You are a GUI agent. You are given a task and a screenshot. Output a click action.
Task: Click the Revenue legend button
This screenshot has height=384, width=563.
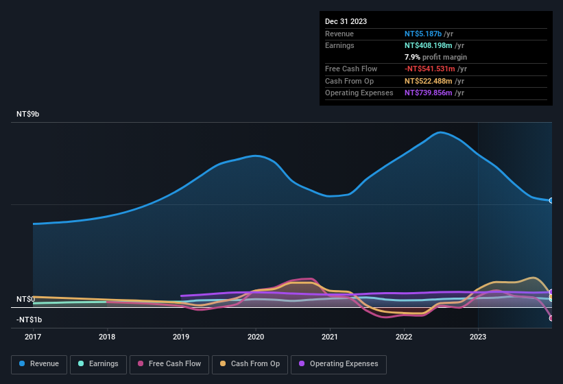(39, 363)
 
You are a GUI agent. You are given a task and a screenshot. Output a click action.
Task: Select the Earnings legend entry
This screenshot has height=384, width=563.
(99, 363)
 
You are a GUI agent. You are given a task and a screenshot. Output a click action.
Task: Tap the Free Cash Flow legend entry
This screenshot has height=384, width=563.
(169, 363)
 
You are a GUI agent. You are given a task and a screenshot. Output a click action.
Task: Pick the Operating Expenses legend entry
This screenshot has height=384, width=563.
(338, 363)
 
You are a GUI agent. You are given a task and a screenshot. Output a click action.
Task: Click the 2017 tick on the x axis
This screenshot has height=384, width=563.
(33, 337)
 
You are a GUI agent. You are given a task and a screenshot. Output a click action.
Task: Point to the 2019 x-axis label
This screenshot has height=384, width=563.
(181, 337)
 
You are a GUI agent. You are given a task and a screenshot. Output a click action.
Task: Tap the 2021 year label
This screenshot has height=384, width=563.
(330, 337)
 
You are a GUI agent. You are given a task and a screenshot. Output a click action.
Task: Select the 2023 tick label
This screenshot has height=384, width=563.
(478, 337)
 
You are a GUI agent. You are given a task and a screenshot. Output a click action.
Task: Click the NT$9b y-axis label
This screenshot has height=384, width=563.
(28, 114)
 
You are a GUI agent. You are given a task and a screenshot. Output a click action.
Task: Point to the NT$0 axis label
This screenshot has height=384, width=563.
(25, 299)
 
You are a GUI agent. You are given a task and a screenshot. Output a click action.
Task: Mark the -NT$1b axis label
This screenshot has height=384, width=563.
(29, 320)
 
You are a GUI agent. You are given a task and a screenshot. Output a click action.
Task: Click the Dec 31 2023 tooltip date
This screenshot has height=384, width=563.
(346, 21)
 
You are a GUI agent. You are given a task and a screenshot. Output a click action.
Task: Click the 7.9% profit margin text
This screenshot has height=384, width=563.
(435, 57)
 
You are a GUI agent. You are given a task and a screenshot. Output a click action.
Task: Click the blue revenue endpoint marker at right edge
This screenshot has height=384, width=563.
(551, 200)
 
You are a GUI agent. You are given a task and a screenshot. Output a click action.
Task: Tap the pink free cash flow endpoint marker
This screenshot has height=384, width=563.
(551, 317)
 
